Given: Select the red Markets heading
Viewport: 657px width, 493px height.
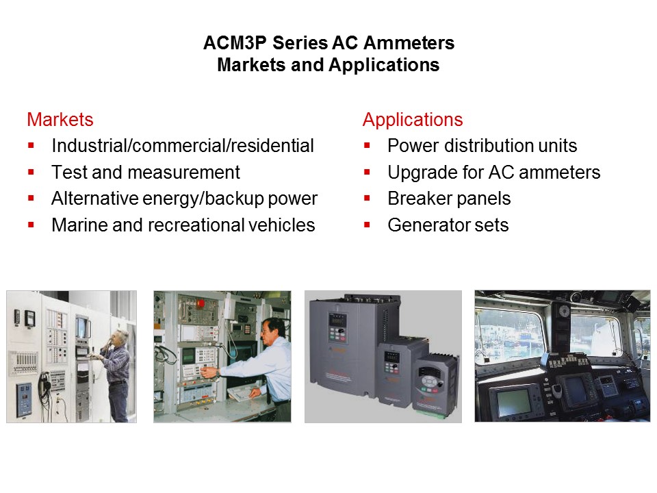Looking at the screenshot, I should [x=60, y=120].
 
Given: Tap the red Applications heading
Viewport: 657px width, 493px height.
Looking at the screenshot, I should [x=413, y=120].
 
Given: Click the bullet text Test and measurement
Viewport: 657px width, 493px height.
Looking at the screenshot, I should [x=146, y=173].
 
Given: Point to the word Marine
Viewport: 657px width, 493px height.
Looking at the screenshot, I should [x=79, y=225].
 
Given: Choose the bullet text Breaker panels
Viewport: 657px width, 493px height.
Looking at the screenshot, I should [x=449, y=199].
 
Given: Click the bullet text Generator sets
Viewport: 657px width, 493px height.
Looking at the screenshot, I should [x=448, y=225].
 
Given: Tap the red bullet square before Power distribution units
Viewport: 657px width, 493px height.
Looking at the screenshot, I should [x=368, y=146].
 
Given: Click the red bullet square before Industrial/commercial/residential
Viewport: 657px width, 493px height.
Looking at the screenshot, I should [x=31, y=146].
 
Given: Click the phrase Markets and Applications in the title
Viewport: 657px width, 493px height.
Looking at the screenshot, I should [x=328, y=66].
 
